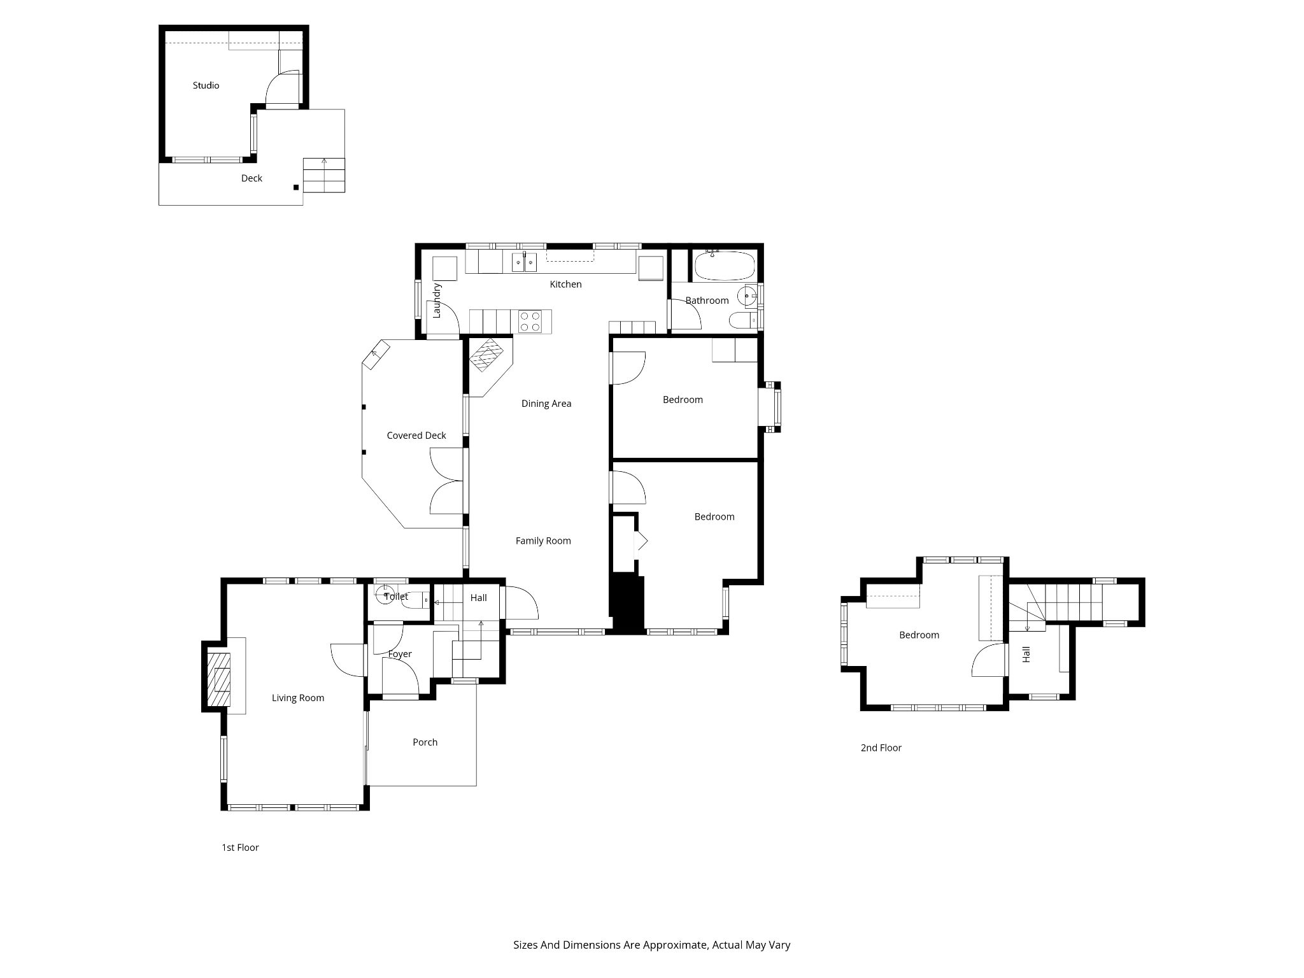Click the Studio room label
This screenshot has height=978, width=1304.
point(206,85)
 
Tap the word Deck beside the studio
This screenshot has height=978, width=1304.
point(252,178)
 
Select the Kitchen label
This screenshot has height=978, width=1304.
point(565,284)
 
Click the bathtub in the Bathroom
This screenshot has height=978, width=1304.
point(725,266)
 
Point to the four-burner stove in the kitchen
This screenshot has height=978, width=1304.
point(530,321)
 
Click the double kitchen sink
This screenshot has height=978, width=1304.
point(524,262)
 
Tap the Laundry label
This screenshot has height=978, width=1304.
point(437,301)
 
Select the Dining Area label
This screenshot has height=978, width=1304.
point(546,403)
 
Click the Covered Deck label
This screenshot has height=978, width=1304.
point(416,436)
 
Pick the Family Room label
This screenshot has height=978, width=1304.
point(543,541)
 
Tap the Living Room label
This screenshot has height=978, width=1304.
point(298,698)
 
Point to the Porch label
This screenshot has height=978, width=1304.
point(425,742)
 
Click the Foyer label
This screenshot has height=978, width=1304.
point(400,654)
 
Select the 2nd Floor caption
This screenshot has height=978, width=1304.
point(881,748)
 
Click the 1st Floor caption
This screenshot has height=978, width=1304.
point(240,847)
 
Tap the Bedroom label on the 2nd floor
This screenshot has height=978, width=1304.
point(919,635)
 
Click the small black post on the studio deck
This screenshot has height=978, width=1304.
point(296,187)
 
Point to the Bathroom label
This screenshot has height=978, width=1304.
point(707,301)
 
